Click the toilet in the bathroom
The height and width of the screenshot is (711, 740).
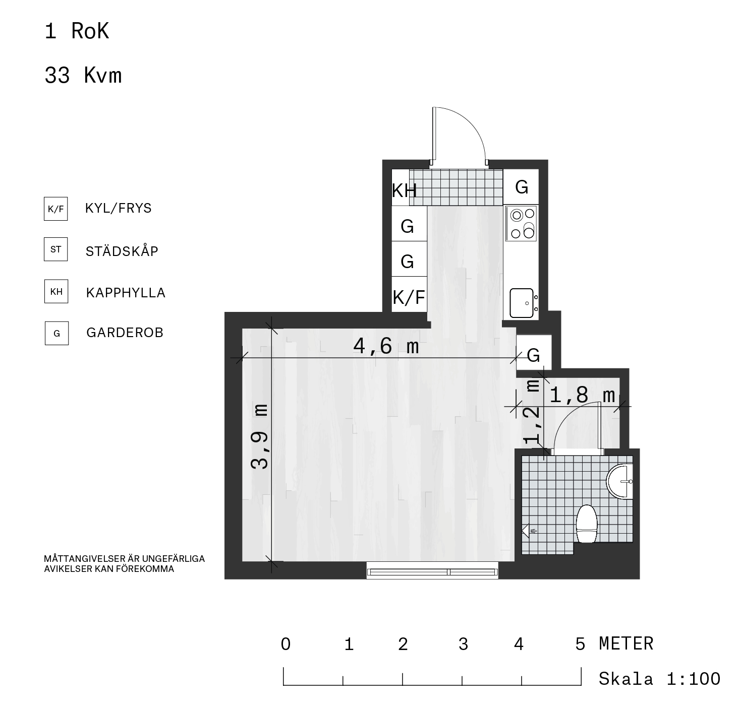[x=586, y=524]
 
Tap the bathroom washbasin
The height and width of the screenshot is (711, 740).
[x=619, y=481]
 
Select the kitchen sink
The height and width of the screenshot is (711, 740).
[x=522, y=303]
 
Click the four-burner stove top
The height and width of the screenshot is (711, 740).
[x=521, y=224]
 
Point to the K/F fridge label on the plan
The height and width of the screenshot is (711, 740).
[x=409, y=297]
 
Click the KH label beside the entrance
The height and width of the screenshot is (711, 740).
[x=404, y=190]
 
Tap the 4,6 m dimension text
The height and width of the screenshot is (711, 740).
[x=386, y=346]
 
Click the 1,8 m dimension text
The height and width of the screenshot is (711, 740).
[x=582, y=395]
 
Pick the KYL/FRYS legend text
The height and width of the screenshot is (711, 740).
[x=118, y=208]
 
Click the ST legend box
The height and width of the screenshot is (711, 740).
[x=56, y=249]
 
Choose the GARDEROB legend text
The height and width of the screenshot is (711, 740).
[x=125, y=333]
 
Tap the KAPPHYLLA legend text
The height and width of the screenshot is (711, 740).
[x=126, y=293]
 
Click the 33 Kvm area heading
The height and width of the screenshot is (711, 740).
[x=83, y=75]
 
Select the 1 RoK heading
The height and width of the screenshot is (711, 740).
[x=77, y=31]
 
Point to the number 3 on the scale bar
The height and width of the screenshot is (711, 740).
[x=463, y=644]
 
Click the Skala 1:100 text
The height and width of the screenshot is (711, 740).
[x=659, y=679]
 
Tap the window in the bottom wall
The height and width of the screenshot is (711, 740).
[x=432, y=571]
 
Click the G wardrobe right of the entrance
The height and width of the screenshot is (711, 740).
[x=522, y=187]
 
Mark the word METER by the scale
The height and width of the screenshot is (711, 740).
[x=626, y=643]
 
